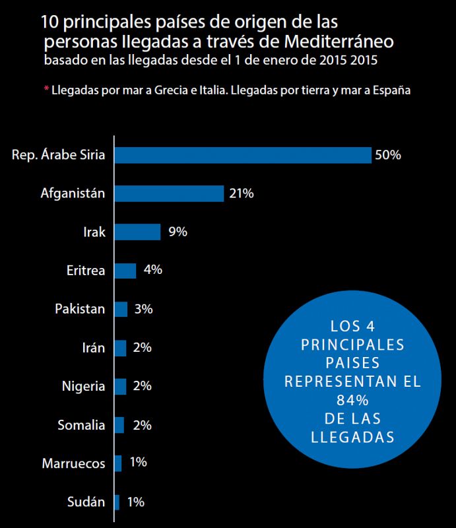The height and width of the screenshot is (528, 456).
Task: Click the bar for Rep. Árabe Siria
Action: tap(243, 155)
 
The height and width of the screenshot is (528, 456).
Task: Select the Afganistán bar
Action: tap(169, 193)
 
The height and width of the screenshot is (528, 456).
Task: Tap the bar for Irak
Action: tap(137, 232)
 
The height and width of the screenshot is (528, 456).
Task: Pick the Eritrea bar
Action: tap(125, 270)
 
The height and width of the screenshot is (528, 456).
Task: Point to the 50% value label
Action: tap(387, 155)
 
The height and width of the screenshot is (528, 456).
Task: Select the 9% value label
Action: tap(178, 232)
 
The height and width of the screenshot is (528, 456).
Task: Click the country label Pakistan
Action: tap(80, 309)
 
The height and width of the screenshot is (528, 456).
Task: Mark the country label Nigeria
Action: tap(83, 386)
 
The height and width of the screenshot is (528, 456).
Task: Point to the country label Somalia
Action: tap(81, 424)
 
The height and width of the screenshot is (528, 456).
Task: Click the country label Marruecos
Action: tap(73, 463)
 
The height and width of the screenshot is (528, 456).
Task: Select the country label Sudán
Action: tap(86, 502)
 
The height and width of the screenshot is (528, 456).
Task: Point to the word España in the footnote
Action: tap(392, 90)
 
